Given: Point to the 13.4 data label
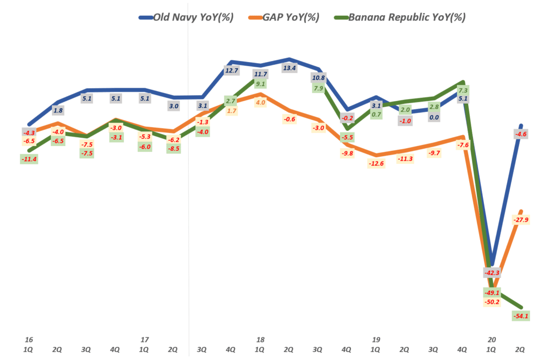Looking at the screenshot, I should [x=289, y=68].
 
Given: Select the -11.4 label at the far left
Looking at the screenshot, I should [x=29, y=159].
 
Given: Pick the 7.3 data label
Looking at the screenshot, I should [x=463, y=90].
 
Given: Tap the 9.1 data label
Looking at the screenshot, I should [x=260, y=84].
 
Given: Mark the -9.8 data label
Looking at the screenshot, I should [x=347, y=153].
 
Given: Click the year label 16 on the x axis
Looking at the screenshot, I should [x=28, y=340].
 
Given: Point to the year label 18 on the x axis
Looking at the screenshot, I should [x=260, y=340].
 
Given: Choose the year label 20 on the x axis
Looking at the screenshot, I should [x=491, y=340].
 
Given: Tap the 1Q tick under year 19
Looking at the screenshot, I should [x=375, y=348].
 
